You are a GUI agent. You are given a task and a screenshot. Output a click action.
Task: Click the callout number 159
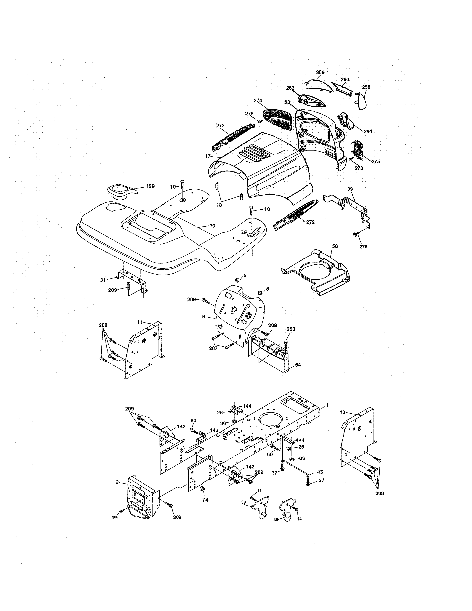tap(150, 186)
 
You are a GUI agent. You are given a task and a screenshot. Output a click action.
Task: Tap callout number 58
tap(335, 246)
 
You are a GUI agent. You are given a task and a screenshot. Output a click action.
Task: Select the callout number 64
tap(298, 365)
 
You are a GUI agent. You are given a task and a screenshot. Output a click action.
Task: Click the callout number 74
tap(205, 500)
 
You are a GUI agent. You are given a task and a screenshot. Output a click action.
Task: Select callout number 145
tap(319, 472)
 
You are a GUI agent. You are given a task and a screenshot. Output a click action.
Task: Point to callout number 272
tap(310, 222)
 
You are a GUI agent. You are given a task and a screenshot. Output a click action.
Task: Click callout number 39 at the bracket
tap(350, 189)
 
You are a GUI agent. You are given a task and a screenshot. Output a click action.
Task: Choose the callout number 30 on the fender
tap(212, 226)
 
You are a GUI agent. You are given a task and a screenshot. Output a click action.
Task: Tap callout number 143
tap(214, 430)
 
